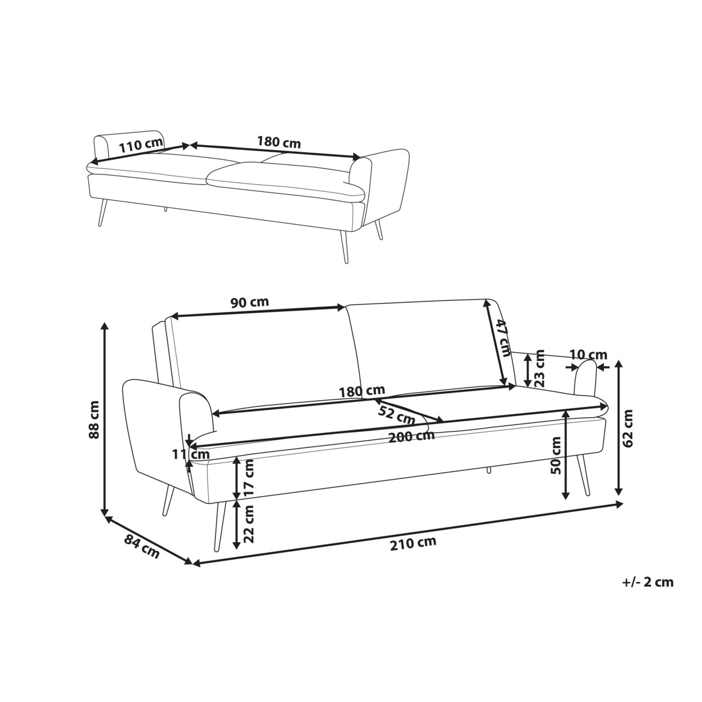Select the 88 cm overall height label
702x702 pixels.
tap(94, 419)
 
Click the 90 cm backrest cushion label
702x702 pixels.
tap(250, 302)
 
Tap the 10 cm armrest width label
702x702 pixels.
tap(589, 355)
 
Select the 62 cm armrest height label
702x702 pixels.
tap(628, 428)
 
